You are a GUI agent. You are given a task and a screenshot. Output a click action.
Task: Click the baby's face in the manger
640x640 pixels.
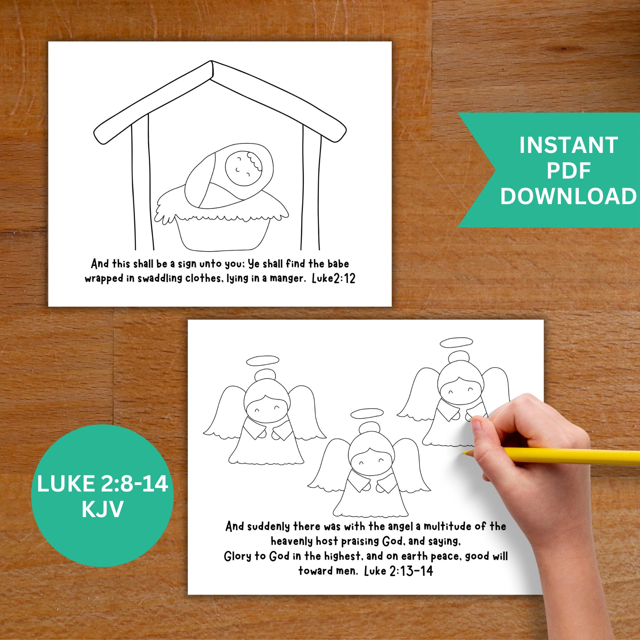point(244,167)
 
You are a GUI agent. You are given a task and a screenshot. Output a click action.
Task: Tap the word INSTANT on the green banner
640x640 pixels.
point(568,145)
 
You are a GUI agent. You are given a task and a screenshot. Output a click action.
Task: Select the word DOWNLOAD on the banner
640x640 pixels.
point(568,196)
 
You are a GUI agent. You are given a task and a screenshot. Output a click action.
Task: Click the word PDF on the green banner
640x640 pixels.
point(568,171)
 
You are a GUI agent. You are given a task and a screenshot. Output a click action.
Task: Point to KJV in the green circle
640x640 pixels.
point(102,509)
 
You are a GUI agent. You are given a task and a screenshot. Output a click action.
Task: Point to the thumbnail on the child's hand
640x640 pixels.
point(476,425)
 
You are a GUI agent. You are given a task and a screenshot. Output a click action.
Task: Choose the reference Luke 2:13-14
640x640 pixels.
point(398,571)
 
